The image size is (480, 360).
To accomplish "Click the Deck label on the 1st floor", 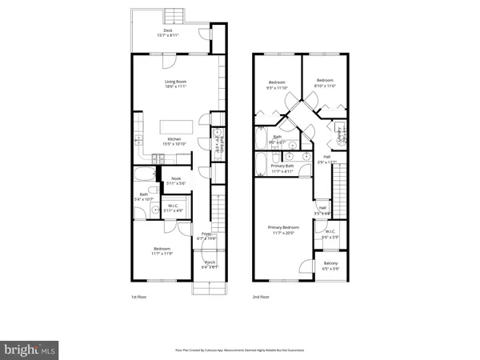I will coord(167,33).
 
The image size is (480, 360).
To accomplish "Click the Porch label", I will coord(210,264).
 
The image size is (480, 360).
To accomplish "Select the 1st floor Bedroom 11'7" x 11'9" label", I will coord(162,251).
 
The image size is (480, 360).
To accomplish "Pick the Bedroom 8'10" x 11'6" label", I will coord(324,82).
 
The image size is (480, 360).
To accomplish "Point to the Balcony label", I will coord(330,265).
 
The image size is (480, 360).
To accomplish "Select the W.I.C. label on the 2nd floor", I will coord(330,234).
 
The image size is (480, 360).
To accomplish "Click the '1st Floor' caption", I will coord(139,297).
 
